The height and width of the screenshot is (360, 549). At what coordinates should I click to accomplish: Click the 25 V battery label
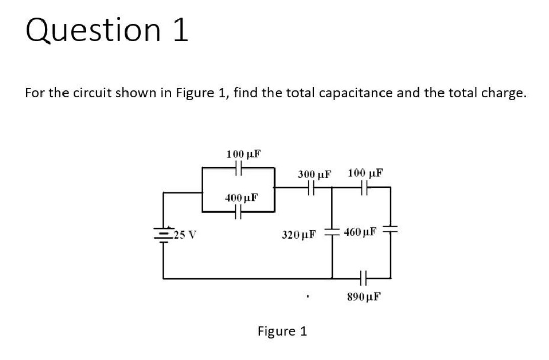point(185,236)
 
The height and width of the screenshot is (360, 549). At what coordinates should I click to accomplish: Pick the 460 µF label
point(362,232)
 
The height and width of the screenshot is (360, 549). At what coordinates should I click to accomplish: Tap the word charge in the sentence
point(500,93)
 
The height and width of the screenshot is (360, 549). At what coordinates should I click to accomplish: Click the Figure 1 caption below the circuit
point(282,331)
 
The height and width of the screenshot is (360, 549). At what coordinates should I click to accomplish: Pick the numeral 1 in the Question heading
point(180,31)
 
